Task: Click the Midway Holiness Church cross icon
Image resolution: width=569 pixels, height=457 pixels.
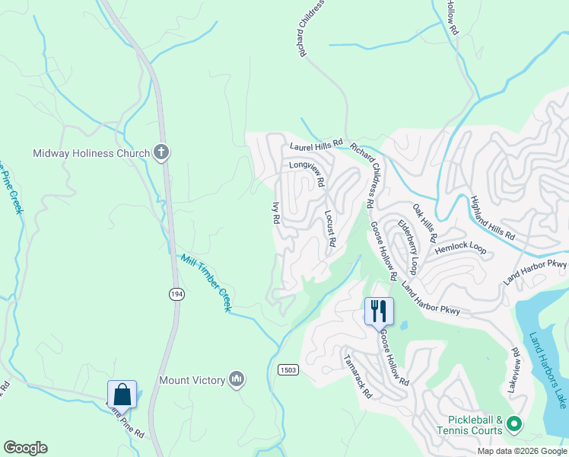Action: pyautogui.click(x=161, y=153)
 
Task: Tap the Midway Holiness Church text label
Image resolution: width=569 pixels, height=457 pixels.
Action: pyautogui.click(x=91, y=153)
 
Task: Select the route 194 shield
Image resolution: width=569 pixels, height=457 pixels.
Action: pyautogui.click(x=176, y=295)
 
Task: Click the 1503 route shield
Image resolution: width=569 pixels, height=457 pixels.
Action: pyautogui.click(x=288, y=369)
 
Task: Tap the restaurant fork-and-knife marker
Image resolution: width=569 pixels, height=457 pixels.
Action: pyautogui.click(x=379, y=311)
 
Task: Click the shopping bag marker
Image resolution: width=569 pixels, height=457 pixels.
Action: pyautogui.click(x=122, y=395)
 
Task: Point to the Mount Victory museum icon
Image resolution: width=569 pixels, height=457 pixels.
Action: pyautogui.click(x=237, y=379)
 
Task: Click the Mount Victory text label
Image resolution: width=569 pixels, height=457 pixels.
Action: pyautogui.click(x=192, y=380)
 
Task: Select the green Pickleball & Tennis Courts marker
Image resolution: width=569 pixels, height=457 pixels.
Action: pyautogui.click(x=513, y=423)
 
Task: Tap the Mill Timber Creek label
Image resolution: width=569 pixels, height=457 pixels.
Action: pyautogui.click(x=205, y=283)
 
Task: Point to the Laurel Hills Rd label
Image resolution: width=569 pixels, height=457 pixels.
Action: pyautogui.click(x=316, y=144)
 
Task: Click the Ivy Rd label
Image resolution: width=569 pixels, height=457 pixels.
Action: pyautogui.click(x=275, y=213)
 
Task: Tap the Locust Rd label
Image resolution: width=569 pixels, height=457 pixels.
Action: pyautogui.click(x=330, y=228)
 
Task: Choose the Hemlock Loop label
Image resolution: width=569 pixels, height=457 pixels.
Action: pyautogui.click(x=460, y=248)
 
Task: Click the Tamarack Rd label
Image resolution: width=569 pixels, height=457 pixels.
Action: pyautogui.click(x=357, y=376)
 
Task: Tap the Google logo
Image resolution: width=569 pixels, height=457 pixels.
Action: pyautogui.click(x=25, y=448)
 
